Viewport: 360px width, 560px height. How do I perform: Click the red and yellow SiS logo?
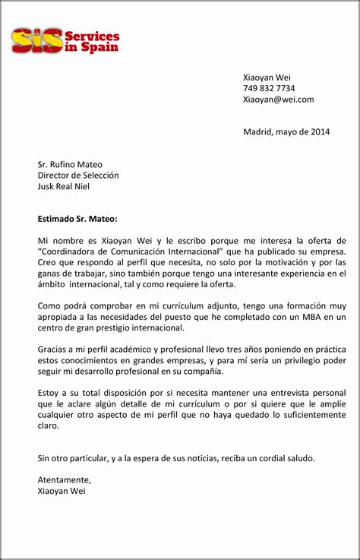coord(37,40)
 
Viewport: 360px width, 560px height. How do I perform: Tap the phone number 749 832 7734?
coord(269,88)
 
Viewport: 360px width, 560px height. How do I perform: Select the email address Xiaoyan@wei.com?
coord(278,100)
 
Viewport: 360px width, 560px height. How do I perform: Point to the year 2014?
coord(320,131)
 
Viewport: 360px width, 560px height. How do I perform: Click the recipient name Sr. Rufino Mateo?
coord(70,164)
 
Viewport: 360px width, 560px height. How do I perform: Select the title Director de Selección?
coord(78,176)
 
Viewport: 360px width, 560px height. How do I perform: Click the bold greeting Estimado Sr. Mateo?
coord(77,219)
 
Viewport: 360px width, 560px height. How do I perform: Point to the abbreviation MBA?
coord(314,317)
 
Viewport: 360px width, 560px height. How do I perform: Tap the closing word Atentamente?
coord(64,480)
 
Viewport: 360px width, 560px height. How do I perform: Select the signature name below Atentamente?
coord(62,491)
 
